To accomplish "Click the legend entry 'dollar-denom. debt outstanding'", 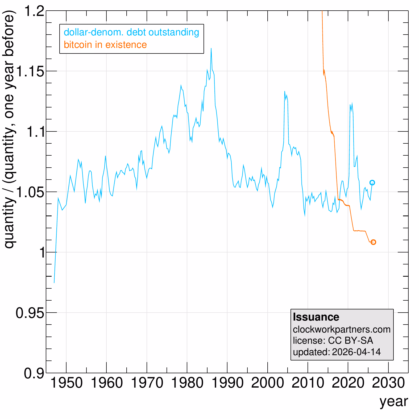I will (131, 32).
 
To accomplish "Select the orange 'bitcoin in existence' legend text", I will (105, 45).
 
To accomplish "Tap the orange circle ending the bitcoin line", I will (373, 242).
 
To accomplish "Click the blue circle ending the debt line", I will (372, 182).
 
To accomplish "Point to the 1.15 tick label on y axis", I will (30, 71).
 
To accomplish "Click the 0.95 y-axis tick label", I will (30, 313).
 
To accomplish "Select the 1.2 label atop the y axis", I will (34, 11).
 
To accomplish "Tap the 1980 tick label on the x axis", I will (187, 383).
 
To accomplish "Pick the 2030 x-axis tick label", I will (388, 383).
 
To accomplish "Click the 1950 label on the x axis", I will (66, 383).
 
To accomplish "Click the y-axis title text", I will (9, 130).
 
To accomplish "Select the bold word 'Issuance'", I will (316, 317).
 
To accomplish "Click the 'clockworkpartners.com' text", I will (342, 329).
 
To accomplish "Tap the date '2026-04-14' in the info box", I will (356, 352).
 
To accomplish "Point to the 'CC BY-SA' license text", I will (350, 341).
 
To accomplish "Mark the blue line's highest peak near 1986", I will (211, 48).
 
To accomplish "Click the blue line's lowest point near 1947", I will (54, 283).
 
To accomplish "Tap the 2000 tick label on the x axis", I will (268, 383).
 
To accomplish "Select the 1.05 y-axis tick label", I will (30, 192).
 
